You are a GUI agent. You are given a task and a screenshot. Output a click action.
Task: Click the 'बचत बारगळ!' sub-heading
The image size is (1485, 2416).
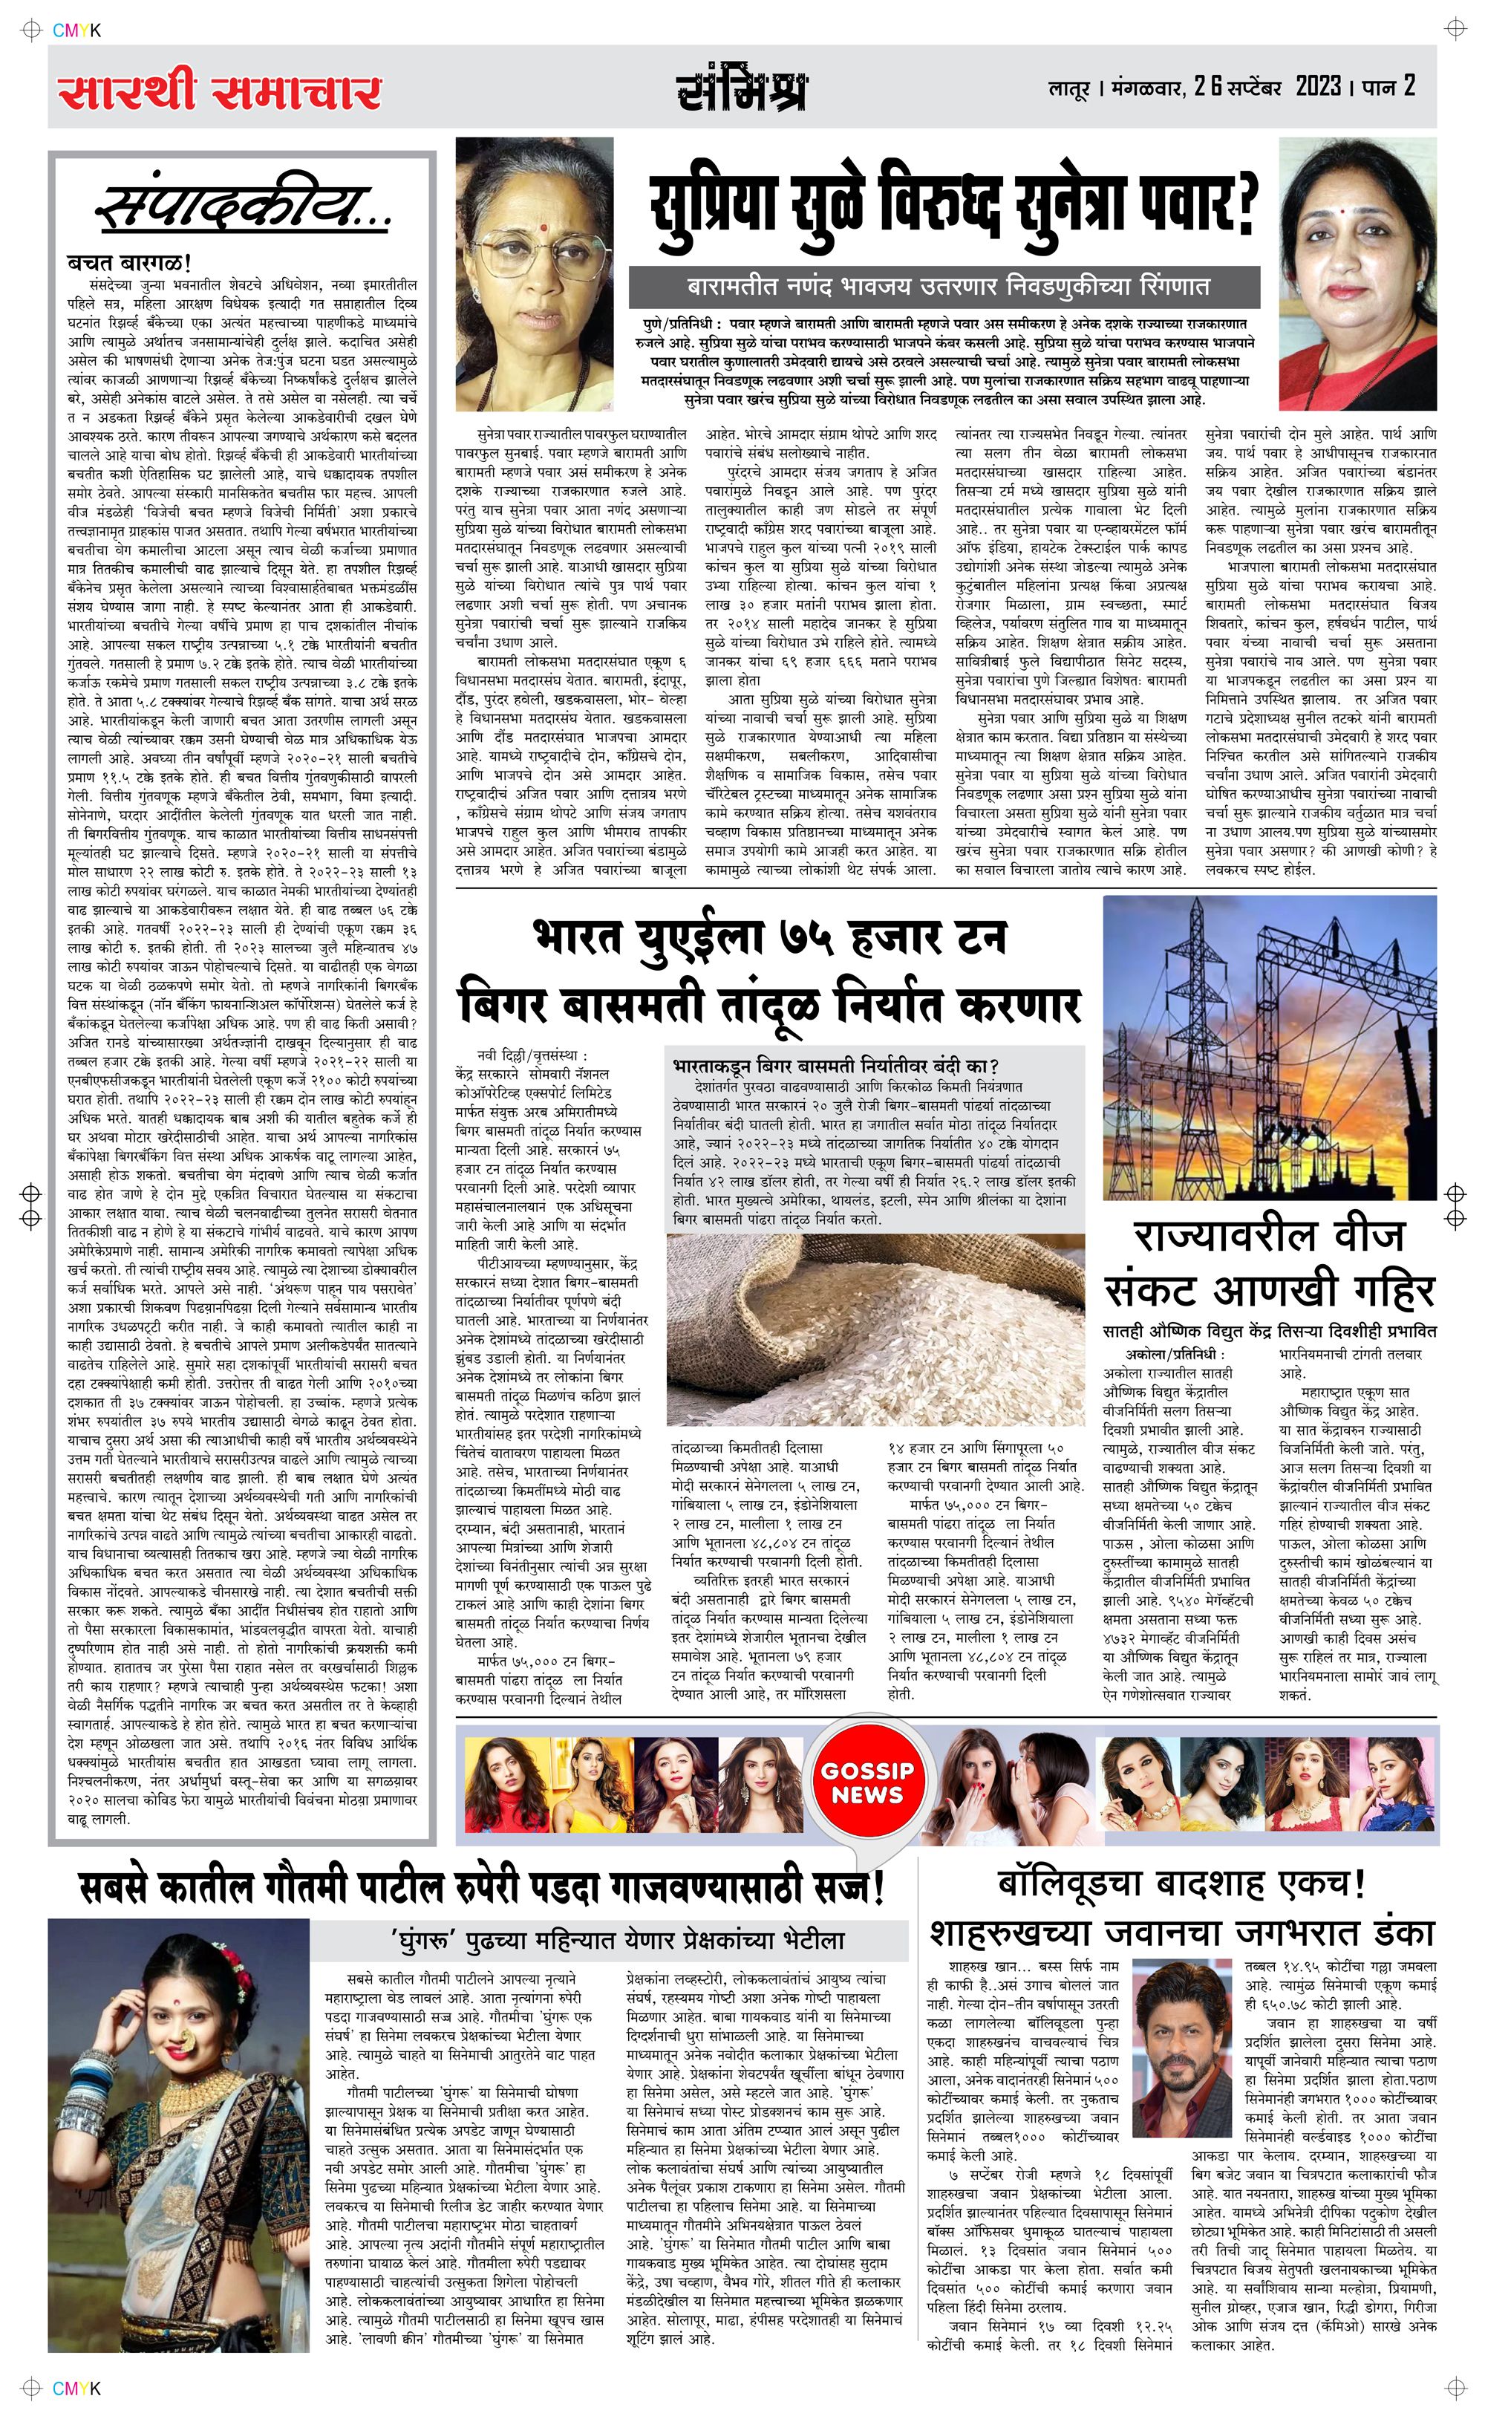[x=128, y=262]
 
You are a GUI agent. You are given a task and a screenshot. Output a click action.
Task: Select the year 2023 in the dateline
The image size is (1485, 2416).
[x=1318, y=86]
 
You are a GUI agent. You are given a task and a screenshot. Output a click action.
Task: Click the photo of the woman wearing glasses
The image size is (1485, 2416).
[x=536, y=274]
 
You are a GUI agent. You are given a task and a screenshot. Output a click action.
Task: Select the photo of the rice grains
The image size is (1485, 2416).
[x=874, y=1332]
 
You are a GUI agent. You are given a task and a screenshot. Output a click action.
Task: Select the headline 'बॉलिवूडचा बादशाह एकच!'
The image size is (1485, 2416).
[x=1181, y=1883]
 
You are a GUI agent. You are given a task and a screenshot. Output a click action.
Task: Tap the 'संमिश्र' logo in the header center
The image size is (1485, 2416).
[x=742, y=91]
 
